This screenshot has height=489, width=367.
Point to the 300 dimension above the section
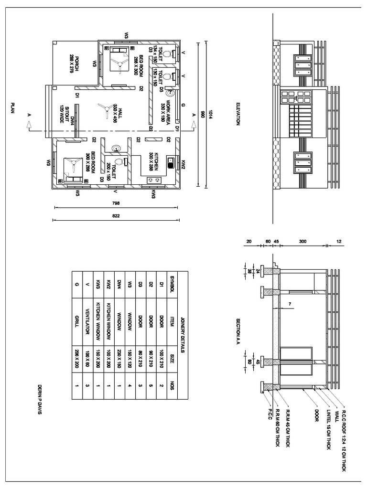[x=302, y=242]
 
